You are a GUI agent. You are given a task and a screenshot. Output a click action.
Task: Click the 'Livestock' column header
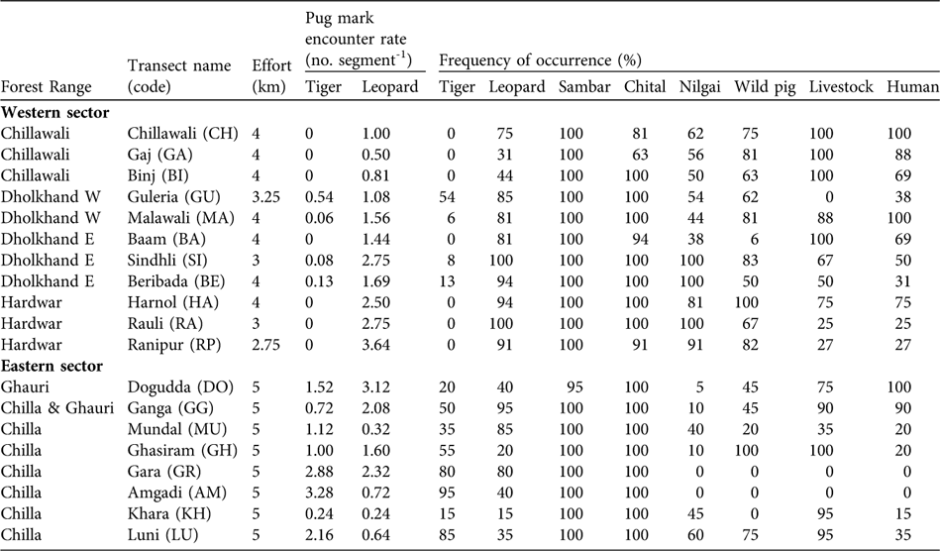coord(840,87)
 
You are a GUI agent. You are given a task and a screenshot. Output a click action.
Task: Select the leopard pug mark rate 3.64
coord(386,345)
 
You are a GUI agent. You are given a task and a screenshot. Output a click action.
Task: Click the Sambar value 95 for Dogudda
coord(591,386)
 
